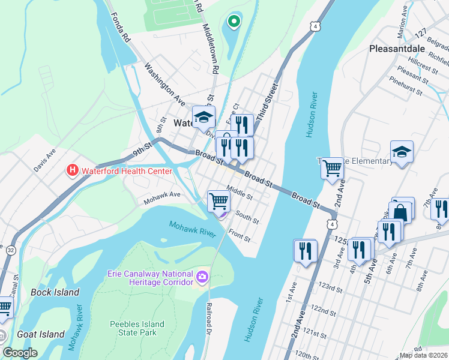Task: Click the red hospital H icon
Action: click(x=73, y=171)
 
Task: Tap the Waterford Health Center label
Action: click(x=127, y=171)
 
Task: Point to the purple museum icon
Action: click(x=202, y=278)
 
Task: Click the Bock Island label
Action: click(x=55, y=292)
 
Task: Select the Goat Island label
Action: click(x=41, y=334)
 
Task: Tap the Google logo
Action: click(x=20, y=352)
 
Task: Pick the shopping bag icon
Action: click(x=400, y=212)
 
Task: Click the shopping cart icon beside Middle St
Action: click(x=219, y=200)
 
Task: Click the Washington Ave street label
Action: click(x=164, y=82)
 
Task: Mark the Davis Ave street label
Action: click(x=44, y=160)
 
